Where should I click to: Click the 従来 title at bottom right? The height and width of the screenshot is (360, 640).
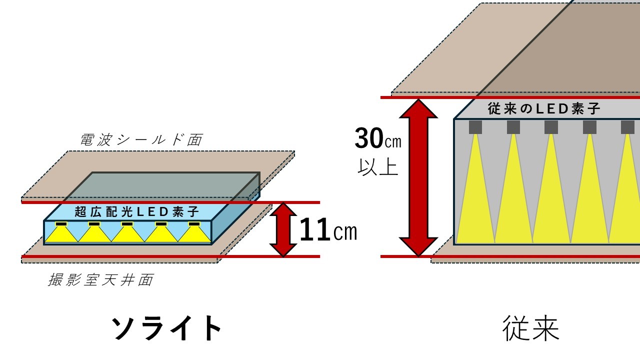coord(530,328)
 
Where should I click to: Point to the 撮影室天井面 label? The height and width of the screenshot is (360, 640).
coord(100,280)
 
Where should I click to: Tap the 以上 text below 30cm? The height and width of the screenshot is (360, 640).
coord(378,167)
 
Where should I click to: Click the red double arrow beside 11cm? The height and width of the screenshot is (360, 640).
coord(283,229)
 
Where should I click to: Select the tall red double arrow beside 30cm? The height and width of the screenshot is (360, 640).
coord(418,177)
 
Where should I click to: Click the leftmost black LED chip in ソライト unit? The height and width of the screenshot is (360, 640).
coord(61,223)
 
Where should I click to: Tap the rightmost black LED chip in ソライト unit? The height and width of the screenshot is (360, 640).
coord(194,223)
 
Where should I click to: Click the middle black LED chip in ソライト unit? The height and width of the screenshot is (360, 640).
coord(127,223)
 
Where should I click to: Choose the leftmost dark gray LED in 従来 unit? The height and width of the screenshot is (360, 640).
coord(475,127)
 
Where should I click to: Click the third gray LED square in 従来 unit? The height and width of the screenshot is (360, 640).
coord(551,127)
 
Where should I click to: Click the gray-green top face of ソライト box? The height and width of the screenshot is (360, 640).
coord(160,186)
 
